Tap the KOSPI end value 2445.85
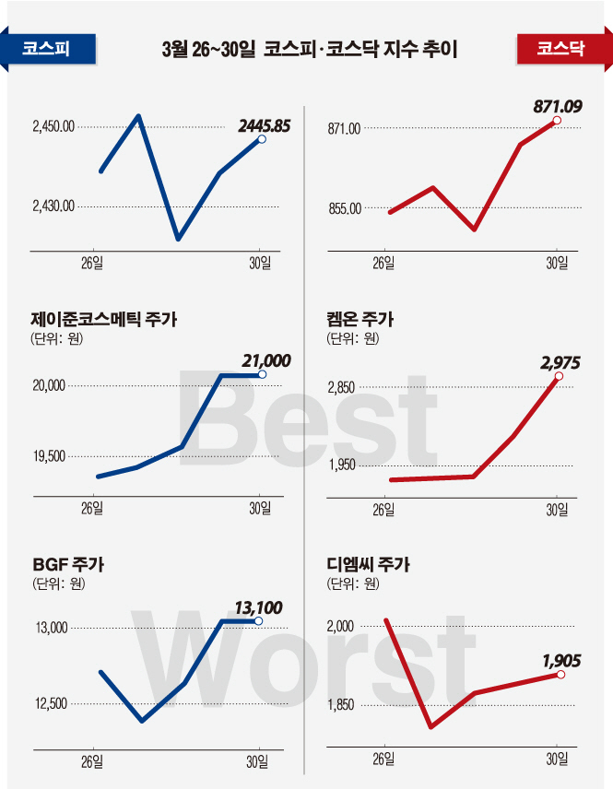coord(264,125)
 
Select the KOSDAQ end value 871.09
coord(557,107)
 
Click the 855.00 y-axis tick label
coord(344,209)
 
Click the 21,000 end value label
coord(265,360)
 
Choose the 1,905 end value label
coord(565,660)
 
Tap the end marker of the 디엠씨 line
coord(561,675)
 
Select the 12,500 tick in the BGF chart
coord(52,704)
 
